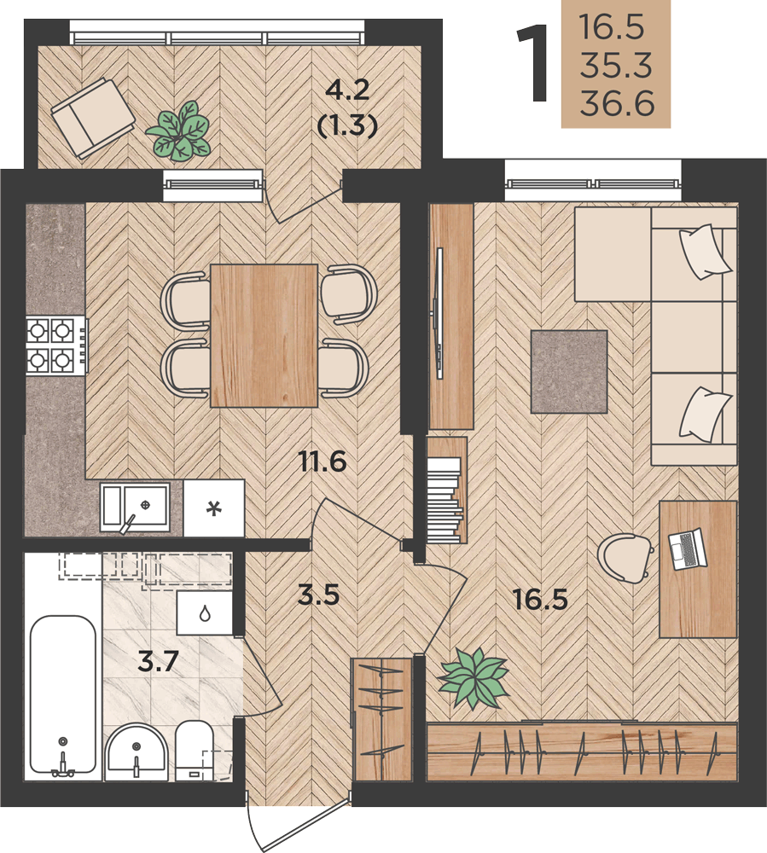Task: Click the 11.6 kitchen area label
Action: pos(322,462)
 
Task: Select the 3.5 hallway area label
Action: pos(319,595)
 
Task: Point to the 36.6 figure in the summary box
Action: pos(617,103)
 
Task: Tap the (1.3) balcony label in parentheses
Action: pos(347,127)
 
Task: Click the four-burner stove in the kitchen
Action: pos(56,346)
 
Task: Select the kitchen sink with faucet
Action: pos(135,508)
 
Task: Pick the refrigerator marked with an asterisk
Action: pos(214,508)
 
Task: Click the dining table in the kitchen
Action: pos(264,335)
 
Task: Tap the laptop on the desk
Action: pos(687,548)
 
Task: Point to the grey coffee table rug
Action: pos(569,372)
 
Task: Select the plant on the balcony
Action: pos(178,131)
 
